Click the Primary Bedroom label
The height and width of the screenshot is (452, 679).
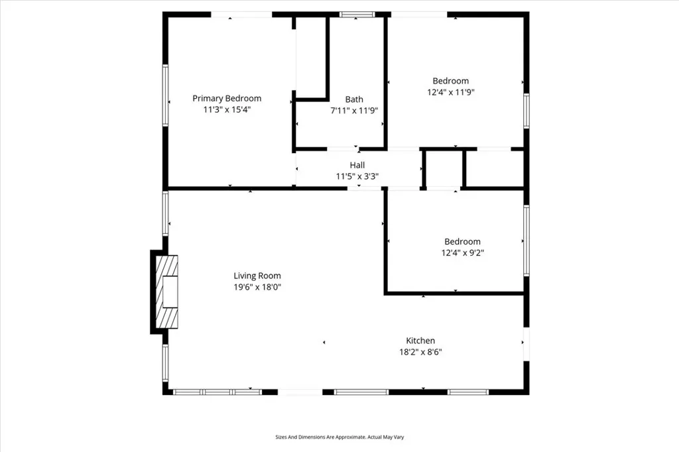pos(227,98)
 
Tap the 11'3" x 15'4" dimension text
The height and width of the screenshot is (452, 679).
pos(227,110)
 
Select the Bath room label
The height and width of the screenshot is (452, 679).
pos(354,99)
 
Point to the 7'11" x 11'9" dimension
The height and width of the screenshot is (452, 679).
pos(354,111)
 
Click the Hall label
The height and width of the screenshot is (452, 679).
pos(357,165)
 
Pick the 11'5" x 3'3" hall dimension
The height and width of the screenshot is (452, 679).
pos(357,176)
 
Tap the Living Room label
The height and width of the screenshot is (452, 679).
pos(257,276)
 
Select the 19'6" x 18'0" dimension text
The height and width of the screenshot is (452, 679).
pos(257,287)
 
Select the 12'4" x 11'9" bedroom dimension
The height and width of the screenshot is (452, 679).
pos(451,93)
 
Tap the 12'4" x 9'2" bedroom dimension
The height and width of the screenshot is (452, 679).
pos(462,253)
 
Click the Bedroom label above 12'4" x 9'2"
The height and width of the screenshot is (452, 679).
pos(462,241)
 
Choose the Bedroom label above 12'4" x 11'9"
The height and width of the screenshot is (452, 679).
pos(451,81)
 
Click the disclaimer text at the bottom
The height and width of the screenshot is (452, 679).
pos(339,437)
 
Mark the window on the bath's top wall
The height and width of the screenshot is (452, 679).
pos(356,14)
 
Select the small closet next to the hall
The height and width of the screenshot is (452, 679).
pos(443,169)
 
